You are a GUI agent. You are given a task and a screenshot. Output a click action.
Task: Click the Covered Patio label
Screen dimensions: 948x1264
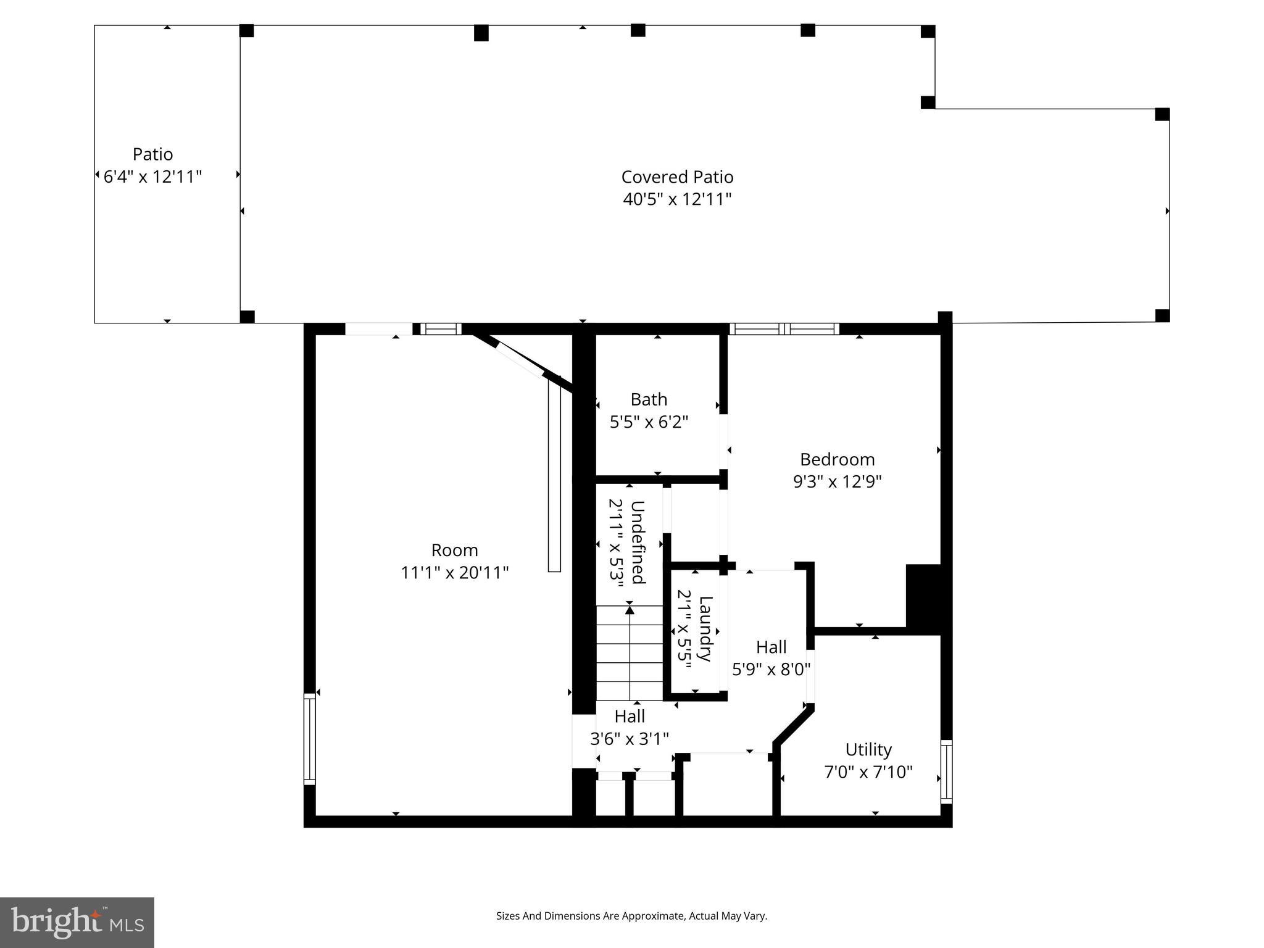tap(677, 177)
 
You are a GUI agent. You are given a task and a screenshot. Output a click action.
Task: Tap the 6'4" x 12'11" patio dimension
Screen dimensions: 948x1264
tap(152, 177)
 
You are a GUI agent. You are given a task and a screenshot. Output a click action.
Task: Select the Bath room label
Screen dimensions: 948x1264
tap(649, 399)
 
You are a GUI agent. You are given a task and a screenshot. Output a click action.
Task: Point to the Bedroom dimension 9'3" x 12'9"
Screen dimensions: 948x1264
tap(837, 481)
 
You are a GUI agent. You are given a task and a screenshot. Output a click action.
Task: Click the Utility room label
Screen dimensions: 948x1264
tap(868, 749)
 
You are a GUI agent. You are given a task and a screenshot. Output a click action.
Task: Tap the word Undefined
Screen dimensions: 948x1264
tap(638, 542)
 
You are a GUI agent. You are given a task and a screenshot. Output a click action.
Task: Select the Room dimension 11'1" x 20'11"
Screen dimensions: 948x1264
tap(454, 573)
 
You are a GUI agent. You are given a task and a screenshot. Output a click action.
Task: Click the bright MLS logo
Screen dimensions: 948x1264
tap(77, 922)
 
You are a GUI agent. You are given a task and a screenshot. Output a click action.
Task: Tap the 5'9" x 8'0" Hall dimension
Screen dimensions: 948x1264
tap(771, 670)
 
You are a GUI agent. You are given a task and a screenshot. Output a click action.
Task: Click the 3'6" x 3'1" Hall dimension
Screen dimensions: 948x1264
tap(630, 739)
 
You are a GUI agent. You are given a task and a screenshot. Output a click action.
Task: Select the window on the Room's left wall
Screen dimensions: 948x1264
tap(310, 739)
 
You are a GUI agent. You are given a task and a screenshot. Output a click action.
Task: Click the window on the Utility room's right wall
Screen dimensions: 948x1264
tap(946, 771)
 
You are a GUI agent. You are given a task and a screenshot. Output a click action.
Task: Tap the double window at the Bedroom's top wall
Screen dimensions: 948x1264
tap(784, 329)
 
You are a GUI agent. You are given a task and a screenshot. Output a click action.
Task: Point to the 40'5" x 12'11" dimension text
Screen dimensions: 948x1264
tap(677, 199)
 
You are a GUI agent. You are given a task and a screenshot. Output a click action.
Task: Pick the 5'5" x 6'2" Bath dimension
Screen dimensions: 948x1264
tap(649, 422)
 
